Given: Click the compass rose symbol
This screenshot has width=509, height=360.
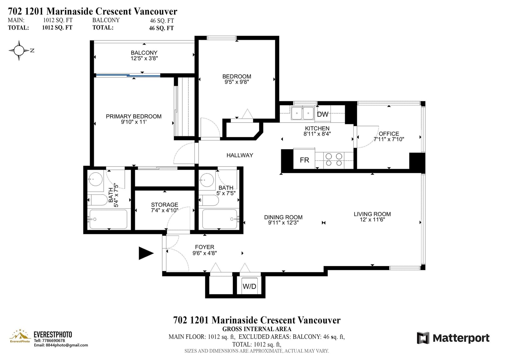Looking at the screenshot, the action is pos(19,51).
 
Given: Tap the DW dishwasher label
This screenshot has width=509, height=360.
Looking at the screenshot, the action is pos(323,114).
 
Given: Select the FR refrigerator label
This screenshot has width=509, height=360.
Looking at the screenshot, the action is pos(304,160).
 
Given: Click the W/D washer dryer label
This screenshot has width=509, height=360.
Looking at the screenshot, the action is pos(249,286).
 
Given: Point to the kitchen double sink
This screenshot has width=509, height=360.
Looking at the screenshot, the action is pos(303,113).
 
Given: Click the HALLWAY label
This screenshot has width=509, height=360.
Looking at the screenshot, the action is pos(240,155).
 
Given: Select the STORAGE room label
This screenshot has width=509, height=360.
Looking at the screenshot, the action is pos(164,205).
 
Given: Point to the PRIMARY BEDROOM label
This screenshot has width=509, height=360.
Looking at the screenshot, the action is pos(134,116).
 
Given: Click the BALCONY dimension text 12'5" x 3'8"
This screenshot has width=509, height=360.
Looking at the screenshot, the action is pos(144,58).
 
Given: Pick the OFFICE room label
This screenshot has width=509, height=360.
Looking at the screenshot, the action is pos(389,134).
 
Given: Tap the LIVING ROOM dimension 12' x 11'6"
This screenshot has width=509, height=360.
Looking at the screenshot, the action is pos(372,219).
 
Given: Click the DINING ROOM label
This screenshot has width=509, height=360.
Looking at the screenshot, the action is pos(283,217).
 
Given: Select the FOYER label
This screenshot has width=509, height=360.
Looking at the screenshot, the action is pos(205,247).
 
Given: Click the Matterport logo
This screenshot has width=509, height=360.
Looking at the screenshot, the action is pos(453,338).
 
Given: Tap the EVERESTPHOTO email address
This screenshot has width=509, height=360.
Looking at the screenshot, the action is pos(61,345).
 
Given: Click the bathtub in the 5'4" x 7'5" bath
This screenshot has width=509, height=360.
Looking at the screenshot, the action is pos(108,219).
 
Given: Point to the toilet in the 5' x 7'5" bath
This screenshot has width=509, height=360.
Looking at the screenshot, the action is pos(209,200).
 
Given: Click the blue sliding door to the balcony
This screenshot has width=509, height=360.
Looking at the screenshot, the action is pos(128,75).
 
